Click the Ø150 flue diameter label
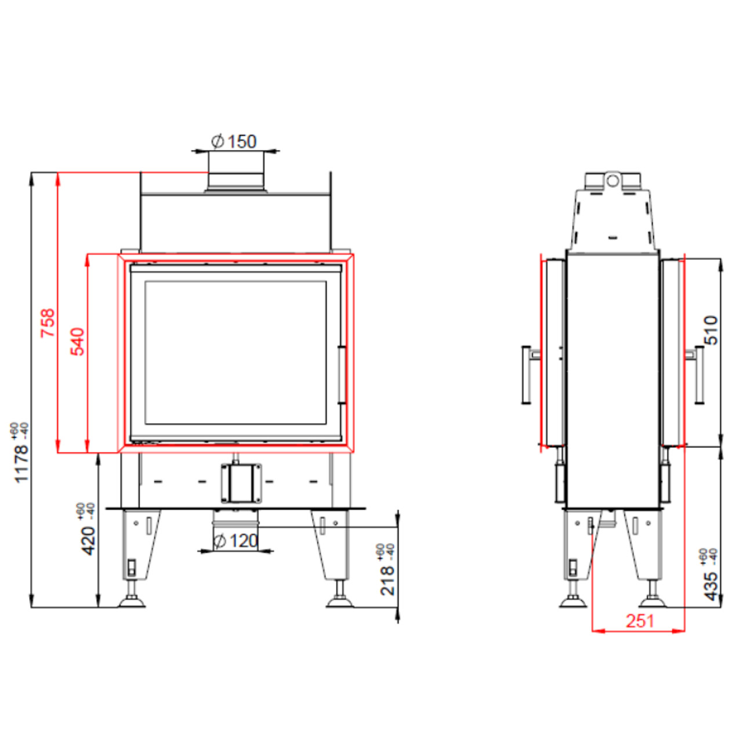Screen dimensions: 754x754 tap(234, 142)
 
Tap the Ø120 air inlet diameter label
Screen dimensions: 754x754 tap(235, 541)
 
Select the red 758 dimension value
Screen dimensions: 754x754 tap(49, 323)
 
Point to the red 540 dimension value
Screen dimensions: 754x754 tap(77, 341)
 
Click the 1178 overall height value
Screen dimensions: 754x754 tap(21, 463)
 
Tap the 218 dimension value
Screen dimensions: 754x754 tap(388, 581)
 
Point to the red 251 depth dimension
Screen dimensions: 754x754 tap(640, 621)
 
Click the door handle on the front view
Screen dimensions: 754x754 tap(342, 375)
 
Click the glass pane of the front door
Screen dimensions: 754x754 tap(235, 353)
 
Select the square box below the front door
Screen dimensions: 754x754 tap(241, 483)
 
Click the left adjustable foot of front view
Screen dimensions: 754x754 tap(132, 593)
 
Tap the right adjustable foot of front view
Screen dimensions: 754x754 tap(340, 593)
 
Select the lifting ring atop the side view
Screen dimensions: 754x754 tap(613, 180)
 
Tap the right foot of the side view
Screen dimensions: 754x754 tap(652, 593)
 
